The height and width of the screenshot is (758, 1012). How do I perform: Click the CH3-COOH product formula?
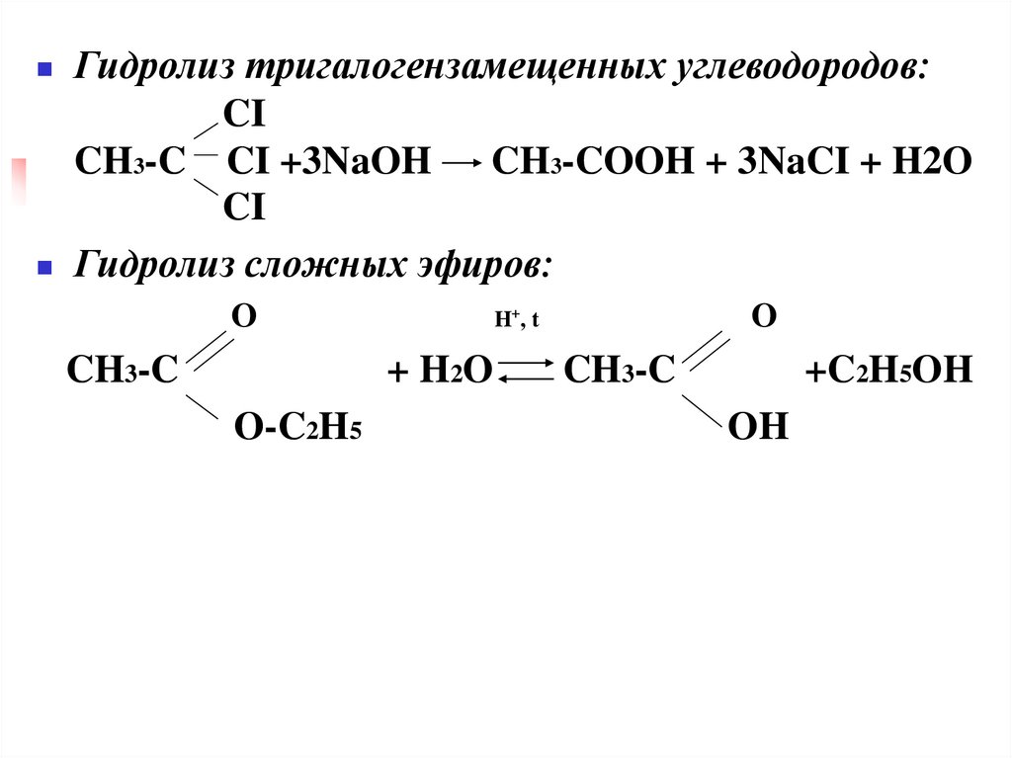(x=589, y=163)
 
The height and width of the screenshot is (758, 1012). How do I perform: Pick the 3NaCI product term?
(x=784, y=163)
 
